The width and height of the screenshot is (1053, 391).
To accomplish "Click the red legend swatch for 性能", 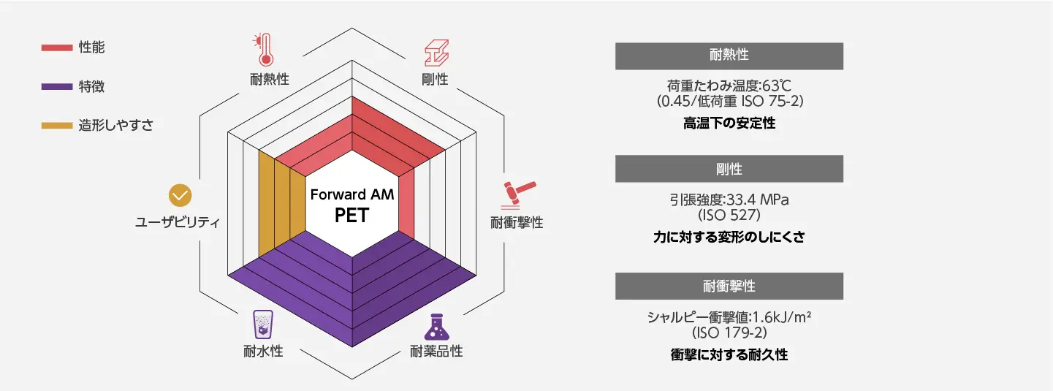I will (56, 48).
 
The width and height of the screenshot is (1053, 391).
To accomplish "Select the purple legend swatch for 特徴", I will (56, 87).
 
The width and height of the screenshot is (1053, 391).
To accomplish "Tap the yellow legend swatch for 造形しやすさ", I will (56, 126).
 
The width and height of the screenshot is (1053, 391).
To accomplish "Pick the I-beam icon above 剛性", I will (436, 53).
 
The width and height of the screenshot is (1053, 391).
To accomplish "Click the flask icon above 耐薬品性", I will (437, 326).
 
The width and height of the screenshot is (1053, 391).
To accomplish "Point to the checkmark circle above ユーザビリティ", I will (180, 195).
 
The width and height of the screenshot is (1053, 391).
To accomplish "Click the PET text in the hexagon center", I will (351, 216).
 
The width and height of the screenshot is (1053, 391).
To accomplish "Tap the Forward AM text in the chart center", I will (351, 195).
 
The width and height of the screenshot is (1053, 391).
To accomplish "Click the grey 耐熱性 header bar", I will (729, 56).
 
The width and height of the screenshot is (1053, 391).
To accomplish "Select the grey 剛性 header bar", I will (729, 169).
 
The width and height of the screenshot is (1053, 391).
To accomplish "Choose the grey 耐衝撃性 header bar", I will (729, 286).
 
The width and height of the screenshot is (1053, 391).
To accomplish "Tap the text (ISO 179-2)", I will (729, 333).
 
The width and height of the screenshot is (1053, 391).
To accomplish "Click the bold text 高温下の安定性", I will (729, 124).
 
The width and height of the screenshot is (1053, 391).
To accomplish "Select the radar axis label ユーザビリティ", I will (178, 222).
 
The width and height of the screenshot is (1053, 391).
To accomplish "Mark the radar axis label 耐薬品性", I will (436, 351).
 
